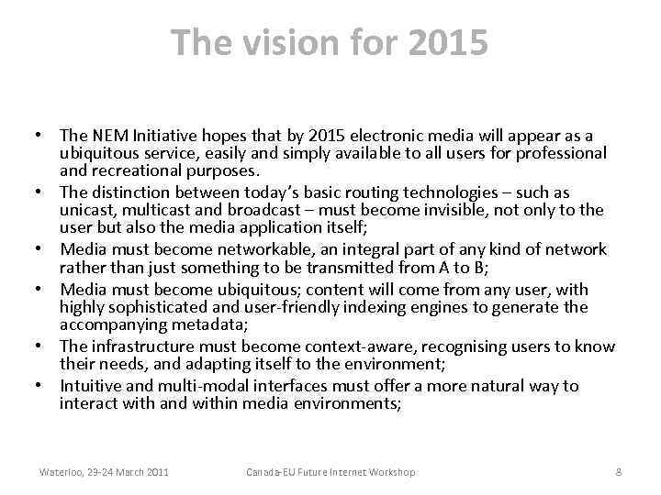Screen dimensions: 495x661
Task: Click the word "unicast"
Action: [86, 210]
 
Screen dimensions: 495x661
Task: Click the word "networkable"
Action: [257, 249]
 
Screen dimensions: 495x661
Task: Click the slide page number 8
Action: [618, 472]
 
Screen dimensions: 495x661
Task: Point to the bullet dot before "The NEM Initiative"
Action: [42, 137]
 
